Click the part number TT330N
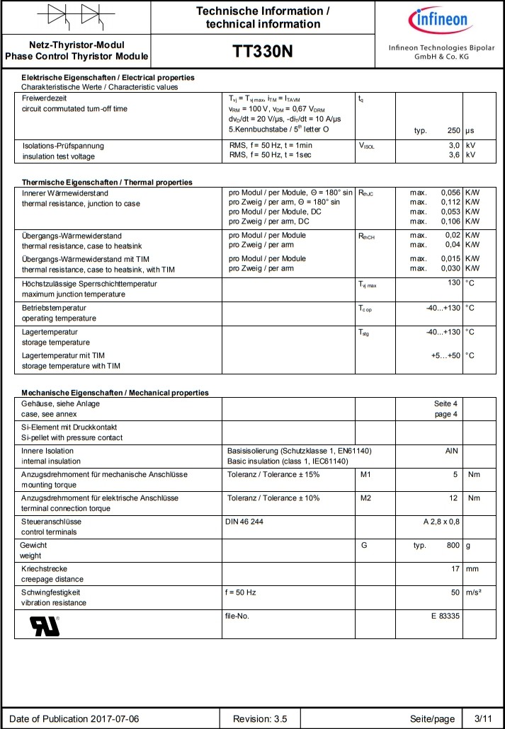pyautogui.click(x=262, y=52)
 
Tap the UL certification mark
pyautogui.click(x=45, y=626)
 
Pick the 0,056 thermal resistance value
pyautogui.click(x=450, y=193)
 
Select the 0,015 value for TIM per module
pyautogui.click(x=450, y=258)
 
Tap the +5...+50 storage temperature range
pyautogui.click(x=446, y=355)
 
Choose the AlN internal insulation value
pyautogui.click(x=452, y=451)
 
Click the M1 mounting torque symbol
pyautogui.click(x=365, y=474)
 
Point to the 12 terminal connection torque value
pyautogui.click(x=453, y=498)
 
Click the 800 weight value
pyautogui.click(x=452, y=546)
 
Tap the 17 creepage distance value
pyautogui.click(x=455, y=568)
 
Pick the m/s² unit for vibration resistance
pyautogui.click(x=475, y=592)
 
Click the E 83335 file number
pyautogui.click(x=445, y=616)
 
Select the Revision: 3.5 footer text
pyautogui.click(x=260, y=718)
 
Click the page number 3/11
pyautogui.click(x=483, y=718)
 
